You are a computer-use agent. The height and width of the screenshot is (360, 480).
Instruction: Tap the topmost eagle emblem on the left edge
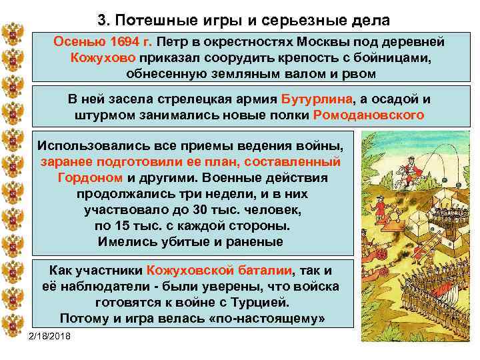click(12, 31)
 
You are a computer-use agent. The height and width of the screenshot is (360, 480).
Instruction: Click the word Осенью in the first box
click(76, 42)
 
